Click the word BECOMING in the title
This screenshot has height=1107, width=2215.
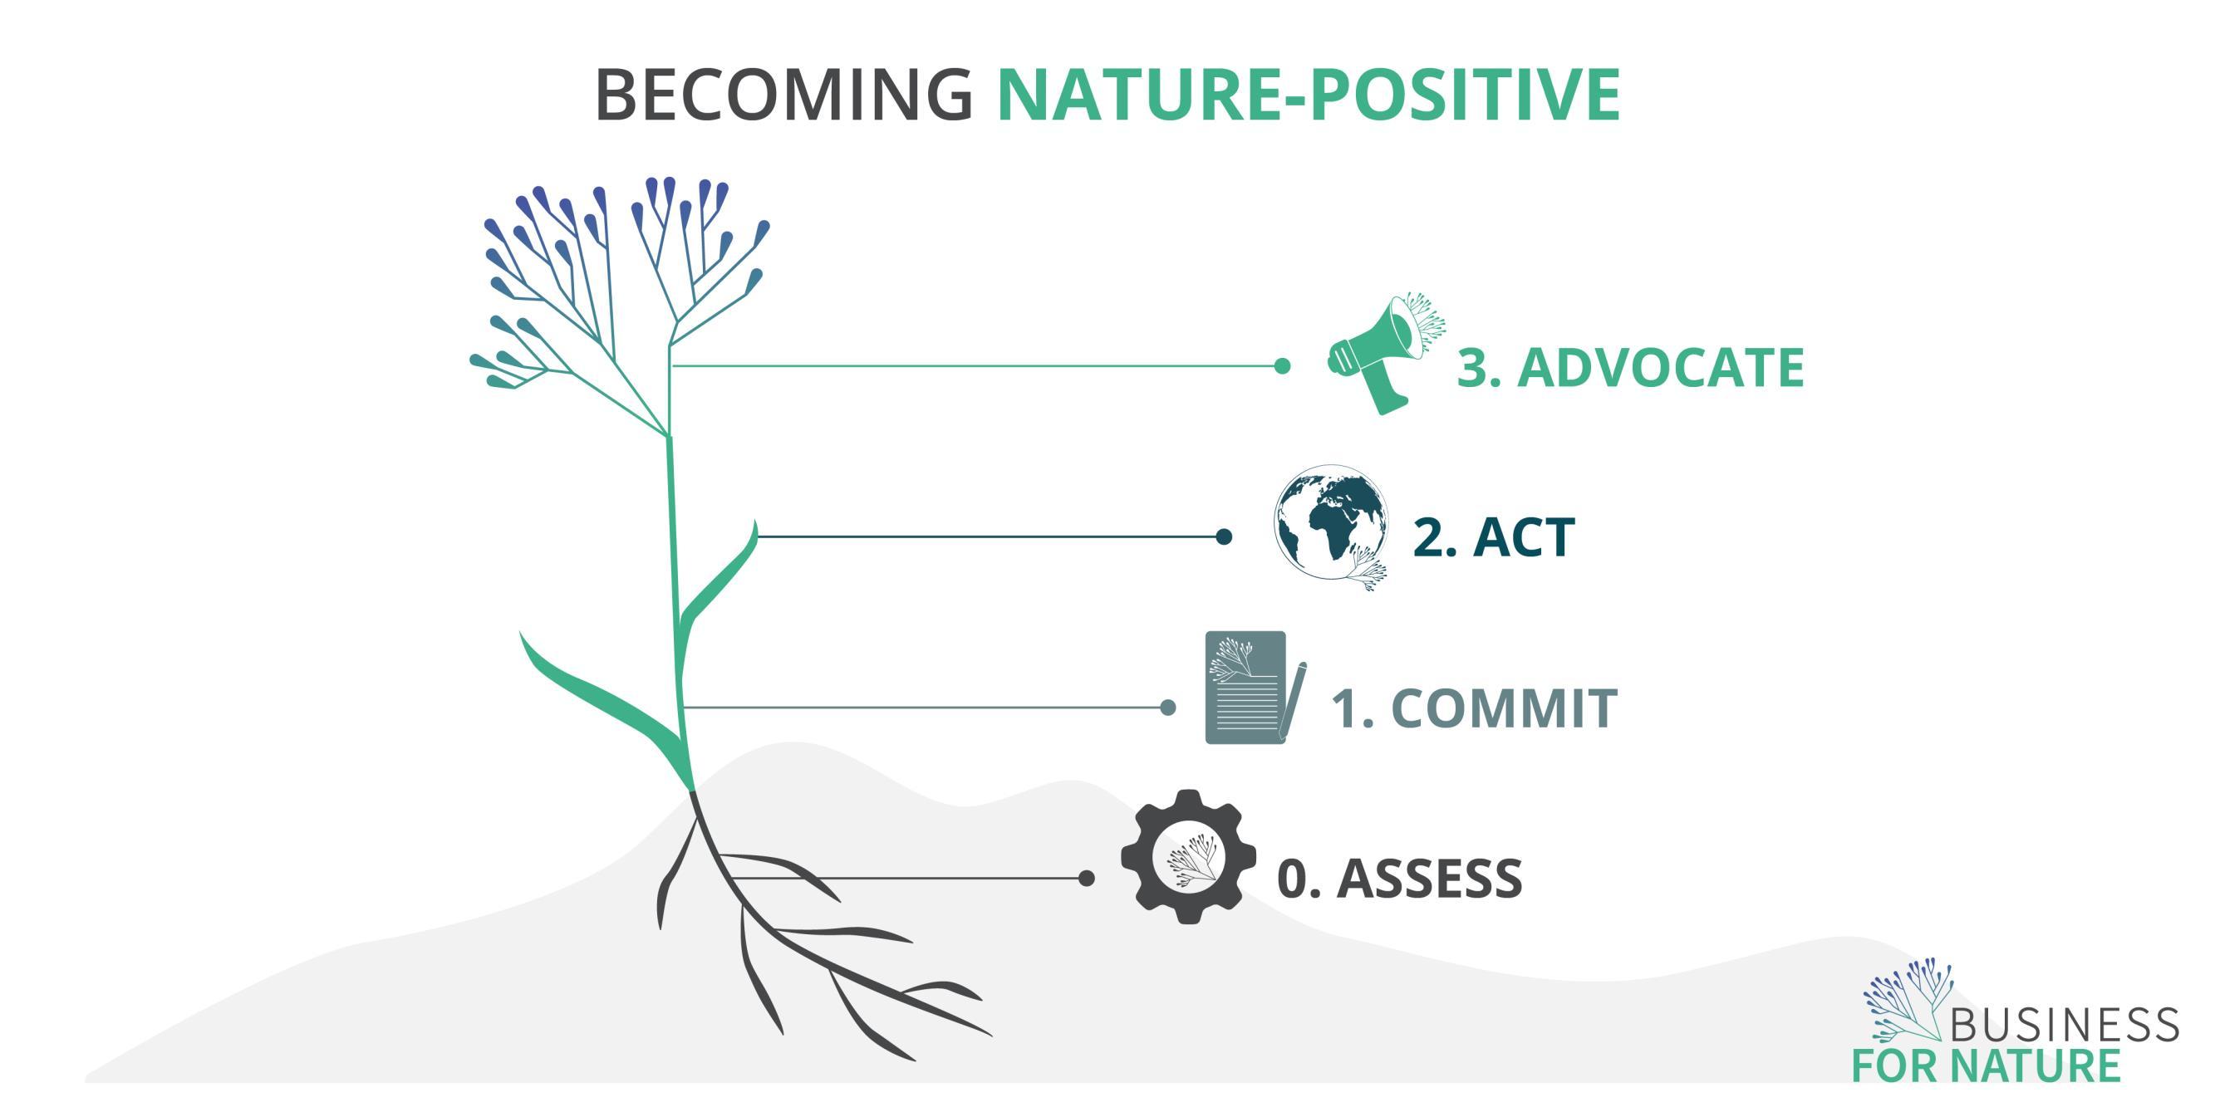pyautogui.click(x=783, y=94)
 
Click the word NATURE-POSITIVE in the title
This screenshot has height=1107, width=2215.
pyautogui.click(x=1308, y=94)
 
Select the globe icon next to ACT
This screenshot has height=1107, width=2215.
pyautogui.click(x=1329, y=526)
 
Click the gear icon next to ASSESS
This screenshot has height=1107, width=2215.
pyautogui.click(x=1187, y=857)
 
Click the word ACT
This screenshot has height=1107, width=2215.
pyautogui.click(x=1523, y=538)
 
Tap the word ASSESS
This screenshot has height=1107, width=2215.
pyautogui.click(x=1429, y=879)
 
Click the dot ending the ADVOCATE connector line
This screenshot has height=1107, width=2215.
pyautogui.click(x=1282, y=366)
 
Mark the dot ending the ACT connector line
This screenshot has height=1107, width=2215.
pyautogui.click(x=1224, y=537)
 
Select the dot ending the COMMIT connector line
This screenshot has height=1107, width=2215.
pyautogui.click(x=1167, y=708)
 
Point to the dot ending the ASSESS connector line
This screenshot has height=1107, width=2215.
pyautogui.click(x=1087, y=878)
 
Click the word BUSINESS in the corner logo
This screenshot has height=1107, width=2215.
pyautogui.click(x=2064, y=1025)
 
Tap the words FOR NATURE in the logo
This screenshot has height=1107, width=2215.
pyautogui.click(x=1987, y=1065)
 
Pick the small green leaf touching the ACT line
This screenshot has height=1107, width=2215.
pyautogui.click(x=722, y=576)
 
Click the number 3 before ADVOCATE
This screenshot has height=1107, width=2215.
pyautogui.click(x=1477, y=368)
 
